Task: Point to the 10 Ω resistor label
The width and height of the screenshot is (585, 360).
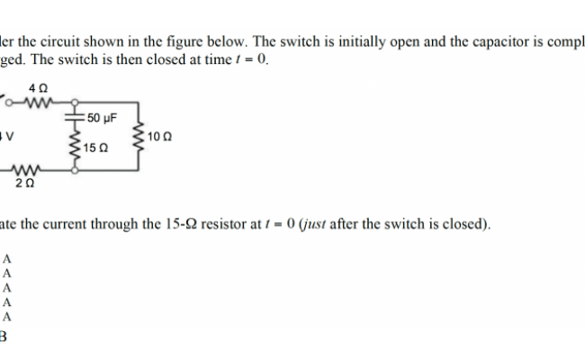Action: click(x=158, y=136)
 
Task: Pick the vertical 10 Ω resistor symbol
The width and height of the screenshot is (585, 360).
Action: click(x=137, y=135)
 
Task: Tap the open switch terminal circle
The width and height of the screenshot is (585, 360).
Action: click(x=5, y=101)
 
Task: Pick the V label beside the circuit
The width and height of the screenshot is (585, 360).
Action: click(x=4, y=136)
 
